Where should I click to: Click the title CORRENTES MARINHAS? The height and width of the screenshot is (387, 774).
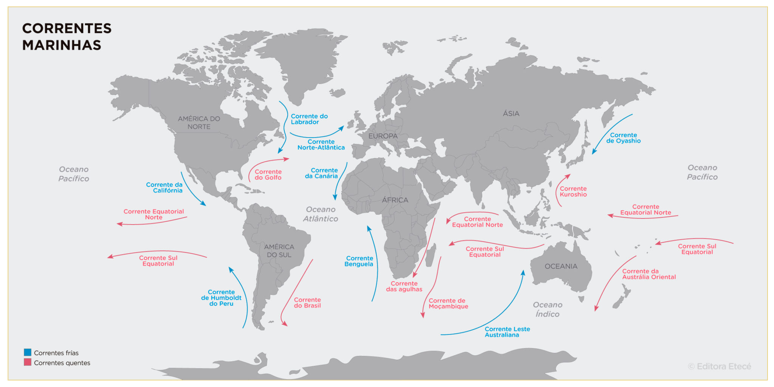click(67, 37)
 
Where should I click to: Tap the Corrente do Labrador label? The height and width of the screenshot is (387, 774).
click(309, 119)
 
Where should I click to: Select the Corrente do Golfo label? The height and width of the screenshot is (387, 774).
click(268, 175)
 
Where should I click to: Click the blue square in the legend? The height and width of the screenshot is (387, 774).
click(28, 352)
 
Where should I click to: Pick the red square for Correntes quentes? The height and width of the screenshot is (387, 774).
click(28, 362)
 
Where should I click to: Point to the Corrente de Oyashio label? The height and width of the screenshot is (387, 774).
click(623, 138)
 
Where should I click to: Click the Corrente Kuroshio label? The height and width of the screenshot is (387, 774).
click(573, 192)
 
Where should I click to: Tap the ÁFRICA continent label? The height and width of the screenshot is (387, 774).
click(395, 200)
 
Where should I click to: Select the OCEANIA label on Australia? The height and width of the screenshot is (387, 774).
click(561, 266)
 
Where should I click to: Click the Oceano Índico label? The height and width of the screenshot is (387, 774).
click(547, 309)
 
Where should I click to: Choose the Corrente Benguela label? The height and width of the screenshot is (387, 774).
click(359, 261)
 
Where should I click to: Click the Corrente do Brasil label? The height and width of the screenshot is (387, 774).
click(307, 303)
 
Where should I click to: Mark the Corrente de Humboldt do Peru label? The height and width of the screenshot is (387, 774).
click(221, 298)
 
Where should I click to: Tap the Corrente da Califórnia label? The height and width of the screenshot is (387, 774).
click(165, 187)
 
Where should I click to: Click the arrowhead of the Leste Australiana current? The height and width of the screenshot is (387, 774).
click(523, 272)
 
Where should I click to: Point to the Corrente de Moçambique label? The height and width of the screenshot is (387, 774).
click(448, 303)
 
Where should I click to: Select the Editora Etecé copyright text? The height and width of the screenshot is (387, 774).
click(719, 366)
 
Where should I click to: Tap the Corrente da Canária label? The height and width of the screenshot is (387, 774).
click(322, 173)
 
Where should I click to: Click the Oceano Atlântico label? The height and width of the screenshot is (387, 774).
click(320, 214)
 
